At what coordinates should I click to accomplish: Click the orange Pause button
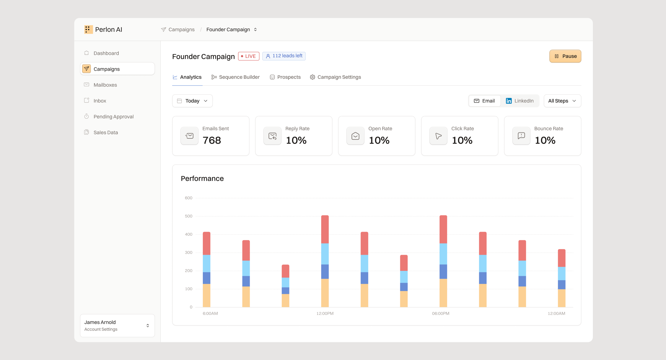click(x=565, y=56)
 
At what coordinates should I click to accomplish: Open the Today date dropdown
click(x=192, y=101)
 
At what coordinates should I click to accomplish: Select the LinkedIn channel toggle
click(x=519, y=101)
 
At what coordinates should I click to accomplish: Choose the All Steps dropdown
click(x=562, y=101)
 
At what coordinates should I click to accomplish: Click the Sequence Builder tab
click(x=235, y=77)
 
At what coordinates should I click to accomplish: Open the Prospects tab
click(x=285, y=77)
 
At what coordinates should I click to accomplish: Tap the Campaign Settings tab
click(x=335, y=77)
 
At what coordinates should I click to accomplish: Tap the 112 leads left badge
click(x=284, y=56)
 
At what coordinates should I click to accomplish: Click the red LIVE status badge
click(x=249, y=56)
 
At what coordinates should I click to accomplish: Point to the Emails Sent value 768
click(x=212, y=140)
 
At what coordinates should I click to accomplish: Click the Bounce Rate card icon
click(x=521, y=136)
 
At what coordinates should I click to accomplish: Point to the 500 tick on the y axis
click(x=189, y=216)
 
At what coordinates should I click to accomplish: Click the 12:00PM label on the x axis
click(x=325, y=313)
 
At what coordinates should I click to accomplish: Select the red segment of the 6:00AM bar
click(x=207, y=243)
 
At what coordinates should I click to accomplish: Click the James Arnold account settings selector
click(x=117, y=325)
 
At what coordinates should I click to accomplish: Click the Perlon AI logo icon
click(x=88, y=30)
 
